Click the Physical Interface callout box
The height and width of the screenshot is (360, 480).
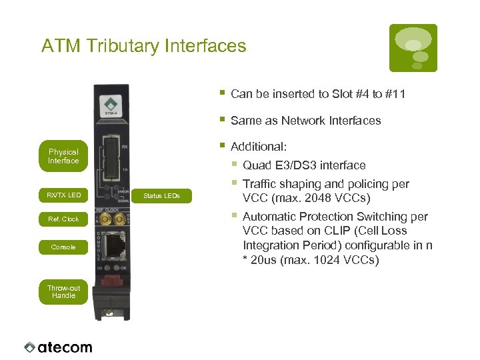click(x=63, y=156)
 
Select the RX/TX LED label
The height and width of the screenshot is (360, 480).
click(x=63, y=195)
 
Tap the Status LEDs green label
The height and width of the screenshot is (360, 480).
click(x=162, y=195)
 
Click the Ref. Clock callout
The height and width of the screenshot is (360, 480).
click(x=63, y=219)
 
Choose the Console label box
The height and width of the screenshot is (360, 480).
click(x=63, y=247)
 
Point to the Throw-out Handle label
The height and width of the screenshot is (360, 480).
click(x=63, y=292)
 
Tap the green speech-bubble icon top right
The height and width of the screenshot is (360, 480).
click(x=413, y=48)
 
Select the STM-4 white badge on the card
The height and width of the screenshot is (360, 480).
click(x=111, y=106)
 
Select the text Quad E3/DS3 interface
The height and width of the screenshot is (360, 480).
click(x=304, y=165)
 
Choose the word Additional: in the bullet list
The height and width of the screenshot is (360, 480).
click(x=259, y=147)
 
